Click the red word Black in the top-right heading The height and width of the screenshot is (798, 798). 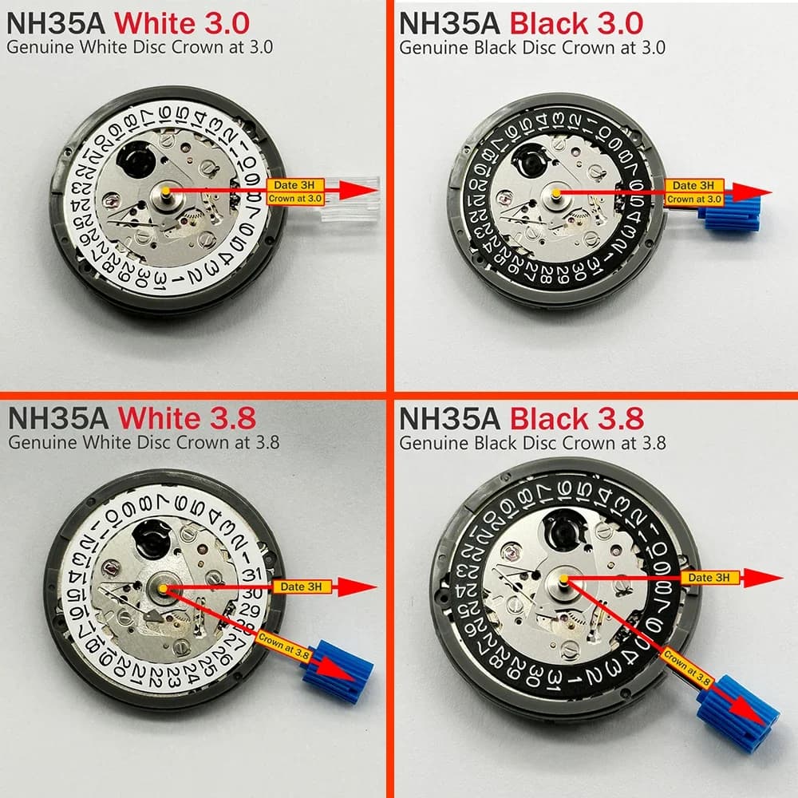click(548, 22)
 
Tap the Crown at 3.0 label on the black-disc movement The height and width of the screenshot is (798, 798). click(693, 199)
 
